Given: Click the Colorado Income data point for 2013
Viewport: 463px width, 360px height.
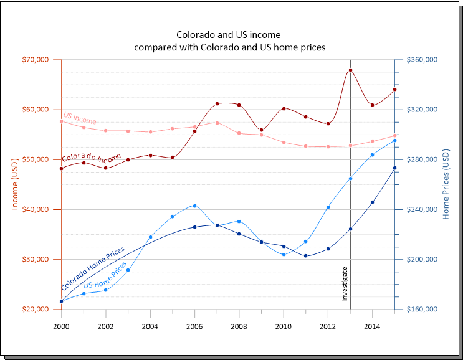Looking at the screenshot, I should point(350,70).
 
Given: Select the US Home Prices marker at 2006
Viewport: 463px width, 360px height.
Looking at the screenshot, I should point(195,206).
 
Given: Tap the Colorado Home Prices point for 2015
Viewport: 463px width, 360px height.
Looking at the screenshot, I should point(394,168).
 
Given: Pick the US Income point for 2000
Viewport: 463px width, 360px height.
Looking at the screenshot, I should point(62,121).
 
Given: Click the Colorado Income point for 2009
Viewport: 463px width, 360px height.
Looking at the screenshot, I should point(261,130).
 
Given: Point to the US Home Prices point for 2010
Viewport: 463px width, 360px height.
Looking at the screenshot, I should point(284,254).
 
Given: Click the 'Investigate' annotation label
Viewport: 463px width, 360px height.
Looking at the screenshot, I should point(345,284).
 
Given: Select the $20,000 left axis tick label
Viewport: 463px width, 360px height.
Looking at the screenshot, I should point(36,310).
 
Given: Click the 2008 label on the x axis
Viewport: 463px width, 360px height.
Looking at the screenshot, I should point(239,326).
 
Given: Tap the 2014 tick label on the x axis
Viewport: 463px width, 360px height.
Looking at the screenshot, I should point(372,326).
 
